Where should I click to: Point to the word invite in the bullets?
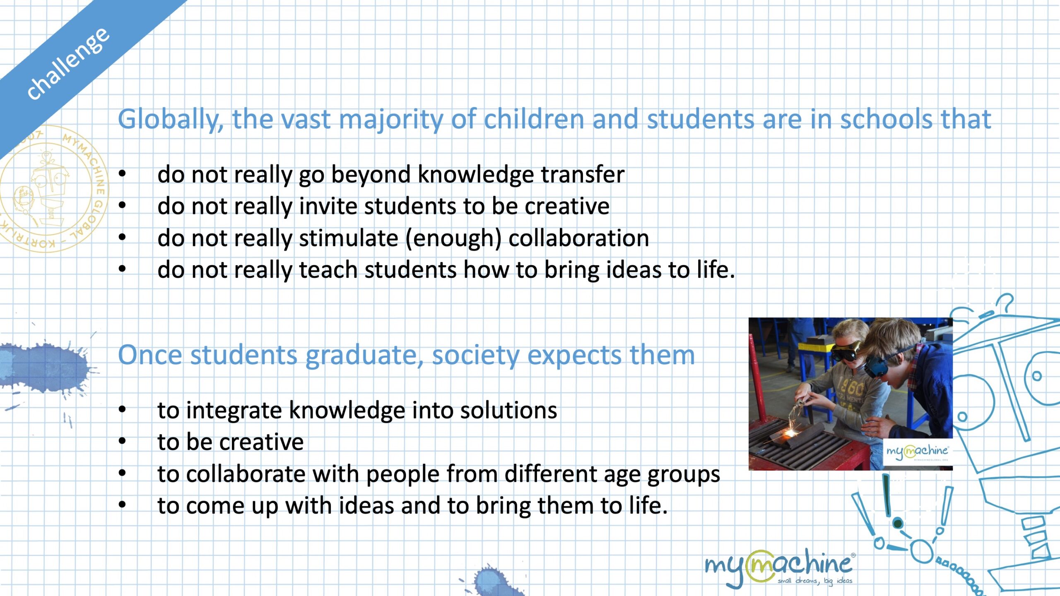[x=327, y=206]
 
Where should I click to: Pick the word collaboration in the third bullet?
[x=578, y=238]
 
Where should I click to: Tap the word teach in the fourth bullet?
[x=328, y=269]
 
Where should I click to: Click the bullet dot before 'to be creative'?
[x=122, y=441]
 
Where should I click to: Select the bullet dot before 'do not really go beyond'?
[x=122, y=174]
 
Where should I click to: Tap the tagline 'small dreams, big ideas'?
[x=815, y=581]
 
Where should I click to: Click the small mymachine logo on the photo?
[x=917, y=452]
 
